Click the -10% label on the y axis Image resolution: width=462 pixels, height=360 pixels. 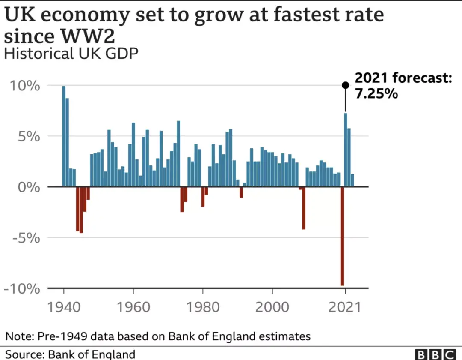click(22, 288)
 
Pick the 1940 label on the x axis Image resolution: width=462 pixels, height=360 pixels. click(64, 308)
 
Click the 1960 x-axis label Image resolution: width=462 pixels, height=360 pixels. click(133, 308)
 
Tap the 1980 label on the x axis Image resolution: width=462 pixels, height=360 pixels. click(202, 308)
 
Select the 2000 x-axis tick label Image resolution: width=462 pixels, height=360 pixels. click(272, 308)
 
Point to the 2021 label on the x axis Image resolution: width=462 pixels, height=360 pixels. click(345, 308)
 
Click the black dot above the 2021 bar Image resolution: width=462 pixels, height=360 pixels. click(345, 85)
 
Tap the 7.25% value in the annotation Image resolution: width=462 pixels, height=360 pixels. click(376, 93)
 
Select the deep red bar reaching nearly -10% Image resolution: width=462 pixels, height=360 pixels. click(342, 236)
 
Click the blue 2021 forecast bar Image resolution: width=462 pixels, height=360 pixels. click(345, 150)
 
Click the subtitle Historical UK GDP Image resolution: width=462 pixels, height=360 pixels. click(71, 54)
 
